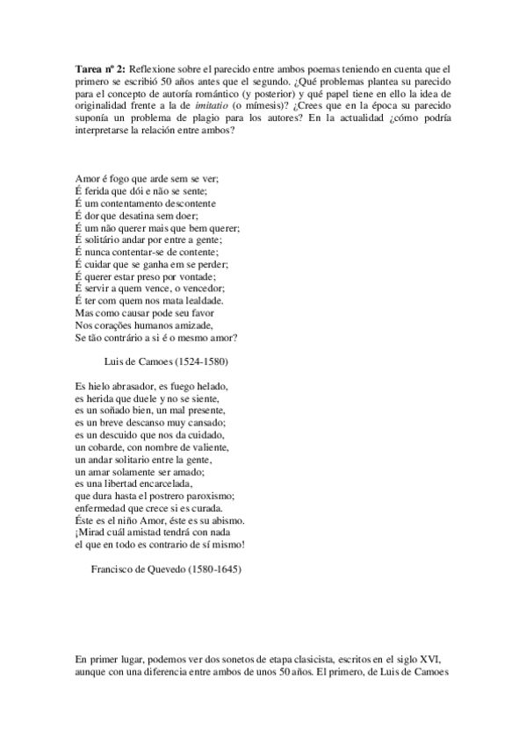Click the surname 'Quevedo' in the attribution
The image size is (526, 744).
pos(167,569)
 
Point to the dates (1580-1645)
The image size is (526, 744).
pos(216,569)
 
